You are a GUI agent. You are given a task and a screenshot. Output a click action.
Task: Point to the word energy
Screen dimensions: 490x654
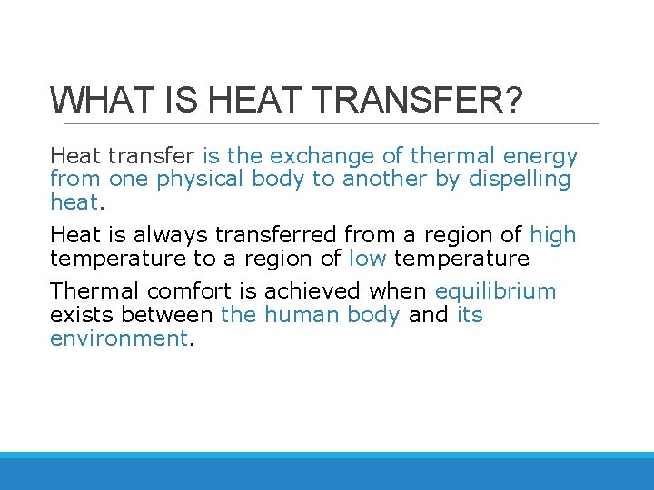click(541, 156)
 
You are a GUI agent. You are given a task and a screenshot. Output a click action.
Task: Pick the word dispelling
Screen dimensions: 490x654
click(520, 179)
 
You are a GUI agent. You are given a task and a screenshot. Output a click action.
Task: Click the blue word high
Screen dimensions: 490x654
click(553, 235)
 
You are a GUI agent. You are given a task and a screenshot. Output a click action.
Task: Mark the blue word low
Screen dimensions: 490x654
click(368, 258)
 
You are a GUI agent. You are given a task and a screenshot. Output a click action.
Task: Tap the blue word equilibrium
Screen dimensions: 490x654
click(495, 291)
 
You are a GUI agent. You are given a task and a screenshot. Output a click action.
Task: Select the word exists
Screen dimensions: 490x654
click(83, 315)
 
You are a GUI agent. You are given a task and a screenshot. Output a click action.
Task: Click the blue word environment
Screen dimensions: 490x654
click(118, 338)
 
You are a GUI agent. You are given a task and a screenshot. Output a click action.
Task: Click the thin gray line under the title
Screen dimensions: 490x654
click(327, 123)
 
